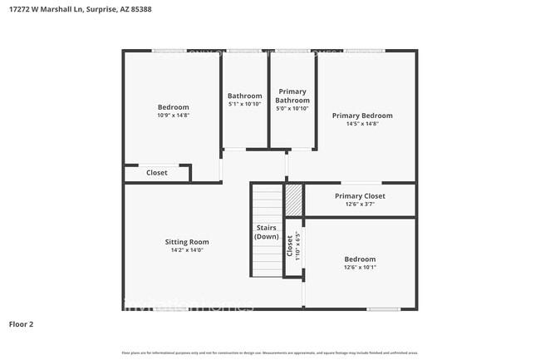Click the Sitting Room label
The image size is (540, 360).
[187, 242]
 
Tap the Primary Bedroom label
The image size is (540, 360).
[362, 116]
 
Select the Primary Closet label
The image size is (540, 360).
[361, 196]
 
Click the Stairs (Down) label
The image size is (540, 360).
[266, 232]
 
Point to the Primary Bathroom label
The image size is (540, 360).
[292, 96]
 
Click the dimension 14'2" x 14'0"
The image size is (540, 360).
[187, 250]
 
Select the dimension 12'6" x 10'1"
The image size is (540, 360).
[360, 268]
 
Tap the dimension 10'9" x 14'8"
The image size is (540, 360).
[174, 116]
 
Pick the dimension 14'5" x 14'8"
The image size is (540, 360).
[362, 124]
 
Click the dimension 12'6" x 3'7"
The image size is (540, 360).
[361, 205]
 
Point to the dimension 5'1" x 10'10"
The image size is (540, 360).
[245, 105]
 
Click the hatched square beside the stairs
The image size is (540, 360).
[293, 200]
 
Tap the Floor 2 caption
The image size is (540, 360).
[21, 323]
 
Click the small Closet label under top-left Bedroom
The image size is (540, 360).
[157, 173]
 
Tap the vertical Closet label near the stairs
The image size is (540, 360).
[289, 246]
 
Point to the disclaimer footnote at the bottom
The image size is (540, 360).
[269, 353]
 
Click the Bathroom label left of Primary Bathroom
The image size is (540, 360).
[245, 96]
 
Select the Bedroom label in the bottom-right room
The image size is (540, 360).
[360, 259]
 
